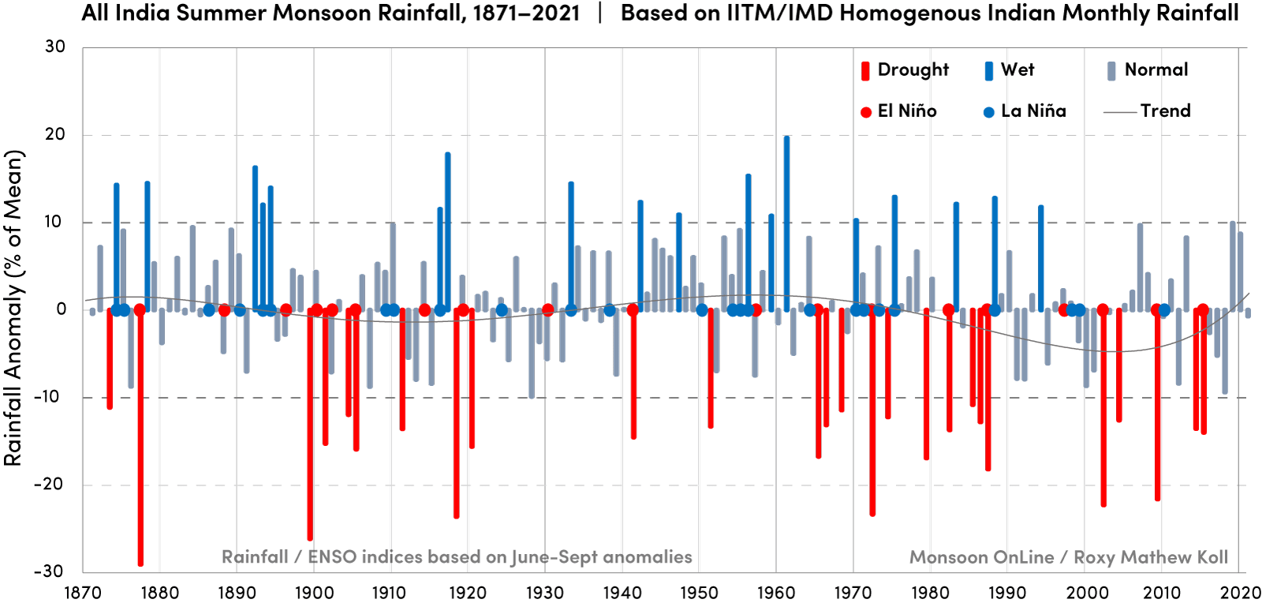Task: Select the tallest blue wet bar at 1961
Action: coord(786,221)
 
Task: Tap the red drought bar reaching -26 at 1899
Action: coord(310,426)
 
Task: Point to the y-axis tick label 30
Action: coord(55,47)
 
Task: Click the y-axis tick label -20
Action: coord(49,485)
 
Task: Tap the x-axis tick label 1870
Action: coord(82,593)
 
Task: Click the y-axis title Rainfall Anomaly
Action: coord(13,308)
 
